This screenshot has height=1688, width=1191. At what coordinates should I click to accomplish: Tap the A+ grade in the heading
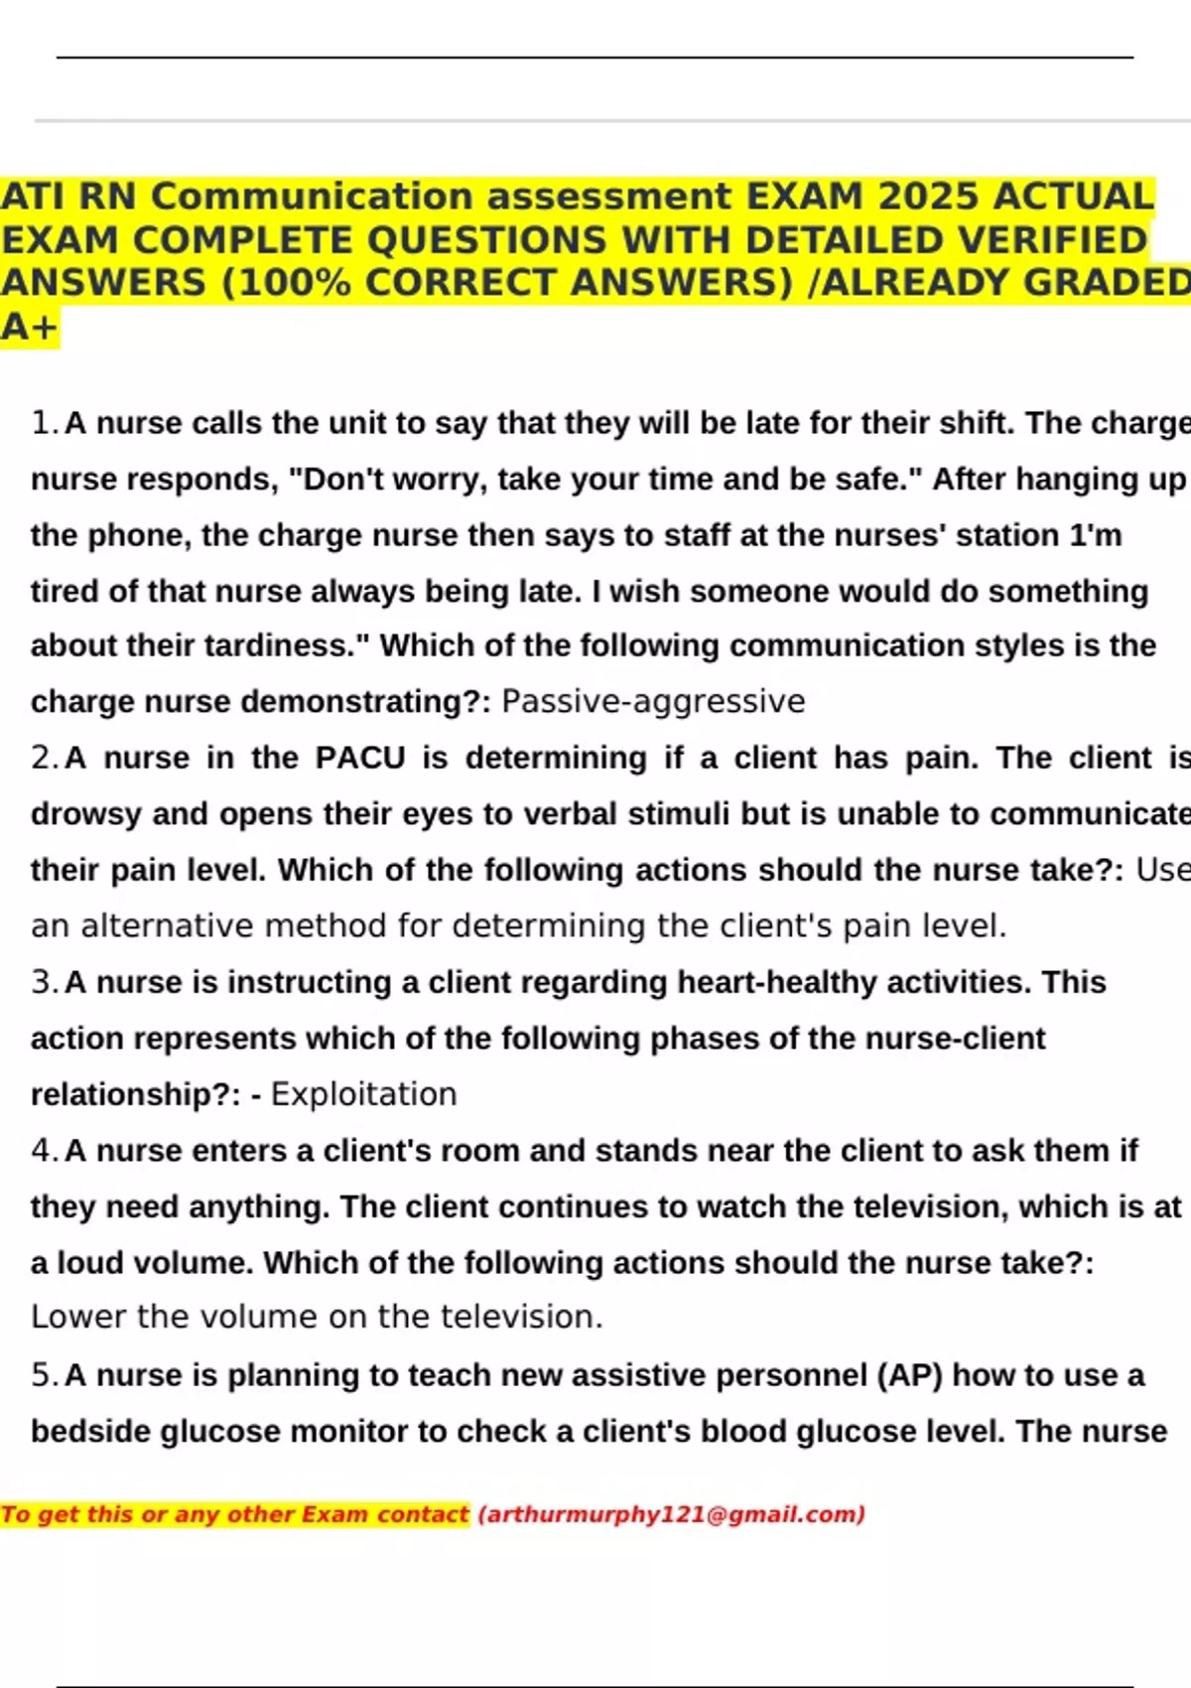(x=30, y=327)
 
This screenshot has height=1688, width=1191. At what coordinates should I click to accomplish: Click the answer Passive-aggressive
(x=653, y=701)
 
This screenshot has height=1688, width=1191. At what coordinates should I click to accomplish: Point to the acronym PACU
(x=360, y=758)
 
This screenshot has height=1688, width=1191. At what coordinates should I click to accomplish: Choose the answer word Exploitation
(x=363, y=1094)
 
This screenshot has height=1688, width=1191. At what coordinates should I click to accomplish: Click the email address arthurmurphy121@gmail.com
(x=671, y=1514)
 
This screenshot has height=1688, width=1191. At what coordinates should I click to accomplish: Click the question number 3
(x=43, y=982)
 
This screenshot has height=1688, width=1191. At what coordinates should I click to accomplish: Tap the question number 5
(x=43, y=1375)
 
